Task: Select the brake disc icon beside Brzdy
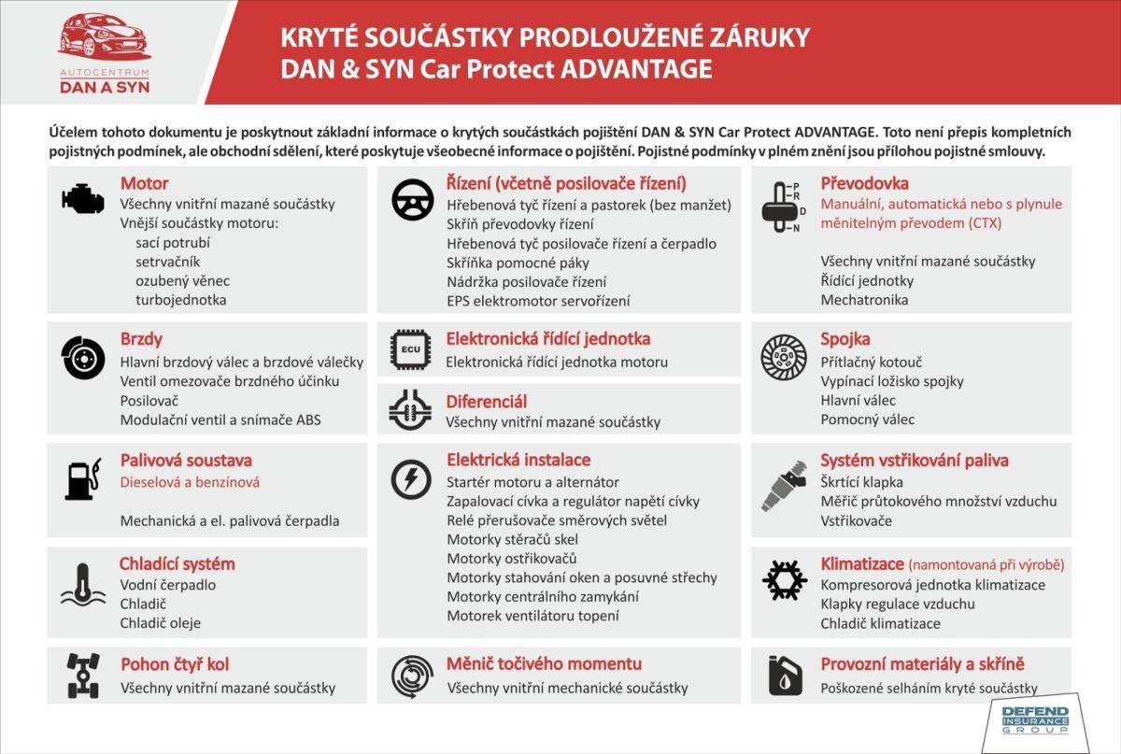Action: [x=83, y=358]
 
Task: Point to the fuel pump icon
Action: [x=82, y=479]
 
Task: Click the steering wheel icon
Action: [x=412, y=199]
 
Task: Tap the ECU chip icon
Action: [x=412, y=349]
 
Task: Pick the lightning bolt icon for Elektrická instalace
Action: [x=411, y=479]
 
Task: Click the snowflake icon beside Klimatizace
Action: [x=785, y=579]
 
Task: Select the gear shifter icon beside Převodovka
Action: [x=782, y=203]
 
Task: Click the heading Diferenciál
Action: [x=487, y=402]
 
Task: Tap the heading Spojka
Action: [x=845, y=338]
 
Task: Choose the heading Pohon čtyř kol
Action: [x=175, y=664]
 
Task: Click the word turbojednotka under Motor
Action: [x=180, y=300]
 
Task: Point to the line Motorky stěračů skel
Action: [x=512, y=539]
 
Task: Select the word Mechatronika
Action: [x=864, y=300]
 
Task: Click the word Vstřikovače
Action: [x=857, y=520]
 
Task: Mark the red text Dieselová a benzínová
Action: [x=190, y=482]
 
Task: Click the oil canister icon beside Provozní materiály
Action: [x=783, y=675]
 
